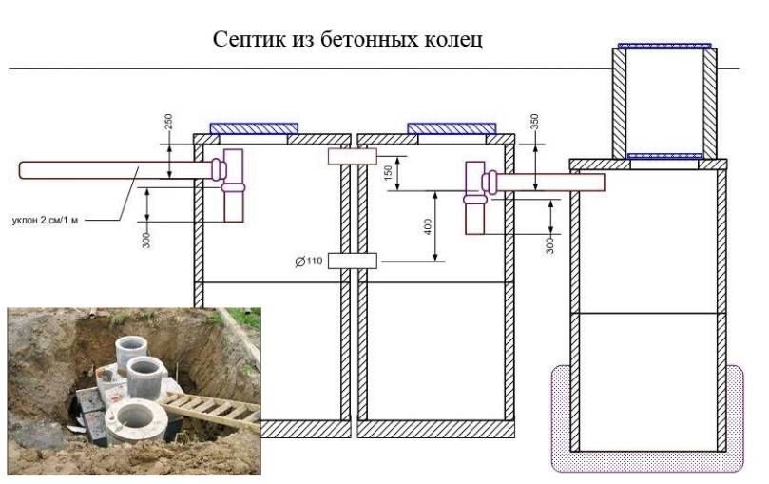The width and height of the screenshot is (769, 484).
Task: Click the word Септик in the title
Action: (249, 39)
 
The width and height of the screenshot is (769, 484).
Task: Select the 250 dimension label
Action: (168, 122)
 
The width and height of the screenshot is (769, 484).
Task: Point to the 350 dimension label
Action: (534, 122)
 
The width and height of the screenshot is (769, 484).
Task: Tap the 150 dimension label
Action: (389, 173)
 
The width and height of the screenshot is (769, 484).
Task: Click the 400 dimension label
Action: (428, 226)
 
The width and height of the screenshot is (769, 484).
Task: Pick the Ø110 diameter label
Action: (309, 261)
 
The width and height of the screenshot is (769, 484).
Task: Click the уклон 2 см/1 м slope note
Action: (45, 221)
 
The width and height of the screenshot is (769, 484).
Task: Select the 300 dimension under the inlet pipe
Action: (146, 240)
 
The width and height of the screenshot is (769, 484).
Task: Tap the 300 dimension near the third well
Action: (549, 244)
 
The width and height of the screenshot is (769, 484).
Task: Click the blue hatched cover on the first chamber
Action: (254, 128)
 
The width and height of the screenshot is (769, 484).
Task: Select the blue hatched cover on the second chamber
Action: (452, 128)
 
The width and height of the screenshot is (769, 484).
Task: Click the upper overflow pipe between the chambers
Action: (352, 157)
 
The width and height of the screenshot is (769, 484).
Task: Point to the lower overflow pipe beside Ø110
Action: (352, 261)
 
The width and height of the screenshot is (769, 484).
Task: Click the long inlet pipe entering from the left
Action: (117, 170)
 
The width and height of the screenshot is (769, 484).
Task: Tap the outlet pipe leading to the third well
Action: (549, 183)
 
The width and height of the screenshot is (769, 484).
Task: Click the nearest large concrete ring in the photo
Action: (136, 420)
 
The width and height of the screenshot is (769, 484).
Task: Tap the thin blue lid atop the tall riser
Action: (664, 46)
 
